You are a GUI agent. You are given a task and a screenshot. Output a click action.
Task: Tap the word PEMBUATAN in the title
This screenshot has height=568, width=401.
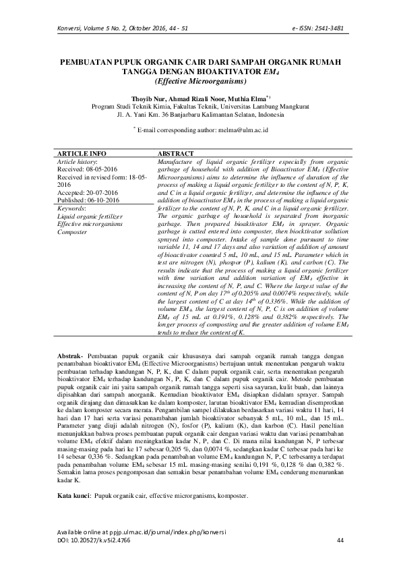point(90,61)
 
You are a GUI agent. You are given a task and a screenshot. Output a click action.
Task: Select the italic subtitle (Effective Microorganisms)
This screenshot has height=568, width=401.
point(200,82)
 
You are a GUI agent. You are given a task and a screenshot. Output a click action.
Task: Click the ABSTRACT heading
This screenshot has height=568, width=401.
point(176,154)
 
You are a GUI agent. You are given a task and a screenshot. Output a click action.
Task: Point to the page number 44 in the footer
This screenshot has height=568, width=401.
point(340,541)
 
